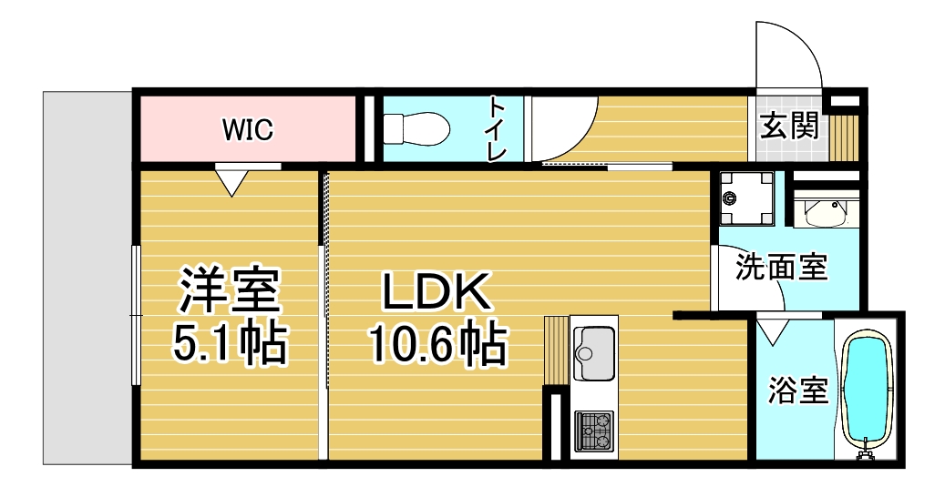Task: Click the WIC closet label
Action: pyautogui.click(x=248, y=129)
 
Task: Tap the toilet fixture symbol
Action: pyautogui.click(x=416, y=128)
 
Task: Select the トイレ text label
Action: pyautogui.click(x=497, y=129)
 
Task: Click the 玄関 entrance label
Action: pyautogui.click(x=789, y=127)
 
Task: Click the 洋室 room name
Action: pyautogui.click(x=229, y=289)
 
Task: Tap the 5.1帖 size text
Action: pyautogui.click(x=229, y=345)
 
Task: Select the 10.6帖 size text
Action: pyautogui.click(x=437, y=345)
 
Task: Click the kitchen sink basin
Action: pyautogui.click(x=594, y=353)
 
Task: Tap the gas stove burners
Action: pyautogui.click(x=593, y=431)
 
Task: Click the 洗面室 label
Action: pyautogui.click(x=782, y=267)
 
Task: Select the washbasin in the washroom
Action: pyautogui.click(x=823, y=210)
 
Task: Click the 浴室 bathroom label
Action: pyautogui.click(x=798, y=391)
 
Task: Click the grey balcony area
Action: pyautogui.click(x=88, y=278)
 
